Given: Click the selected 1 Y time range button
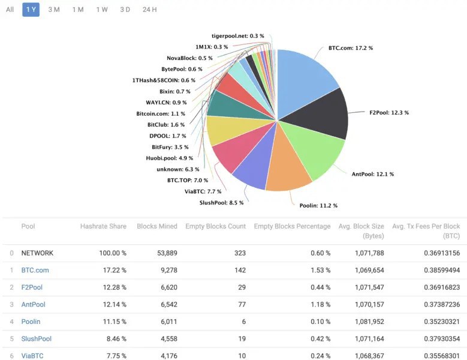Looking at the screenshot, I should [31, 10].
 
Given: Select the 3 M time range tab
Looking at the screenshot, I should [54, 10].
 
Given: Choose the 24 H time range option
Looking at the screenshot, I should [150, 10].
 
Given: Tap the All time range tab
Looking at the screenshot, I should [10, 10].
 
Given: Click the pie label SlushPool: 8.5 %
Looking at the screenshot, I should [221, 203].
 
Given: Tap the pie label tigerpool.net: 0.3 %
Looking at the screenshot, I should [238, 36].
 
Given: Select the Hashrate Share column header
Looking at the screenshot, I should [103, 226].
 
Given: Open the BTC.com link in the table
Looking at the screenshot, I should [35, 270].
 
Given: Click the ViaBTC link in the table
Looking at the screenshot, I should [32, 356].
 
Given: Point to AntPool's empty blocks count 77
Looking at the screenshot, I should [241, 304].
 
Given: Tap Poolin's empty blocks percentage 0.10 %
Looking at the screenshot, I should [318, 322].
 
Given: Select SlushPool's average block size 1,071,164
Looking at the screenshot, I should [368, 338].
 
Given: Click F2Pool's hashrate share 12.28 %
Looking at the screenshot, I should [113, 287].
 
